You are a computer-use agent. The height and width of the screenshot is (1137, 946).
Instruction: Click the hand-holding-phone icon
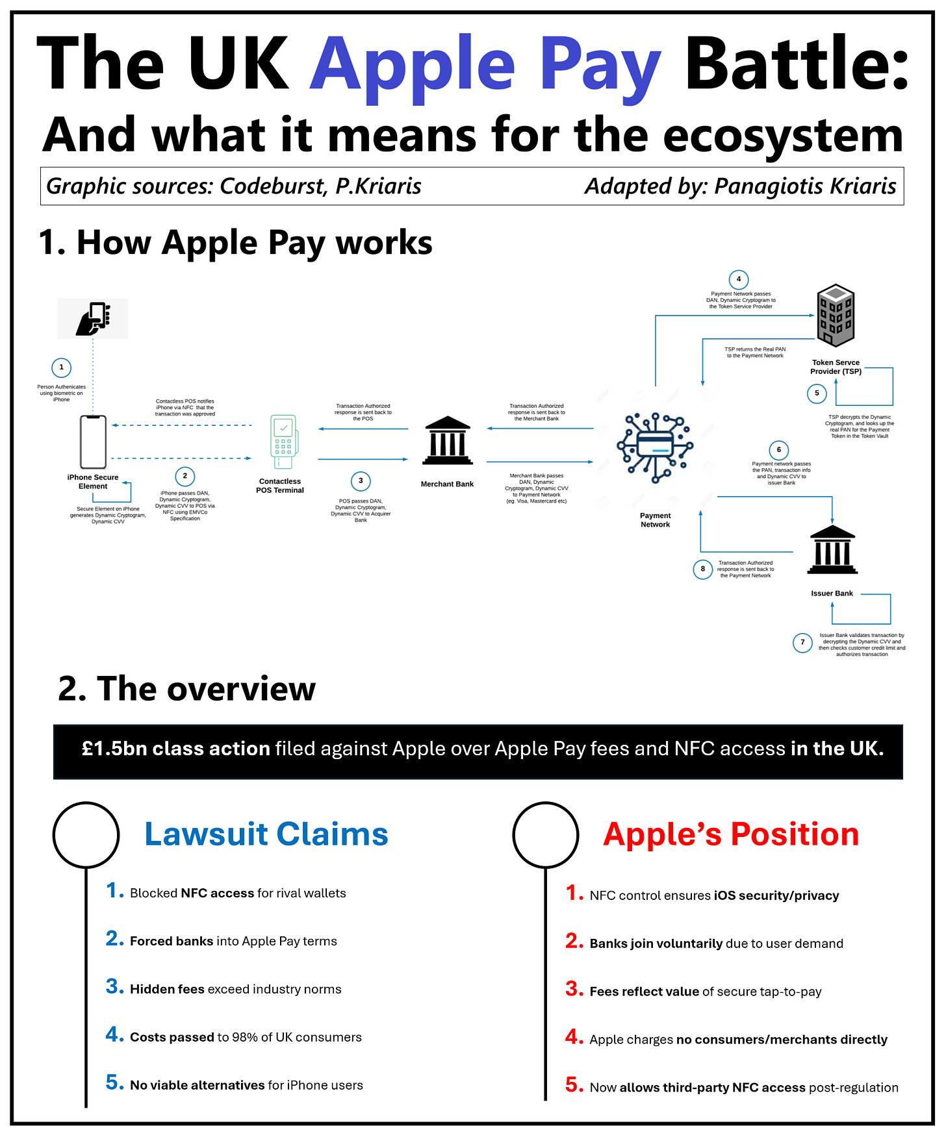click(93, 318)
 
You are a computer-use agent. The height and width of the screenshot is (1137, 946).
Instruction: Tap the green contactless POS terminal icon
click(283, 442)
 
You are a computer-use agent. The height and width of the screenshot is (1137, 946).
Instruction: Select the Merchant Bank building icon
click(448, 441)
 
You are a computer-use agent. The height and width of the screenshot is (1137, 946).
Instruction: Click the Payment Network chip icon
click(655, 447)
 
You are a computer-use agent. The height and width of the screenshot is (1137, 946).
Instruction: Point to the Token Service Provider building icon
click(836, 316)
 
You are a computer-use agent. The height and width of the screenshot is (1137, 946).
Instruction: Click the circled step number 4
click(739, 279)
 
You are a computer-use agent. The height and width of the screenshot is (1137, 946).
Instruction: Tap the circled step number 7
click(802, 642)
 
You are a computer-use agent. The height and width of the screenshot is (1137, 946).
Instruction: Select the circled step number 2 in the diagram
click(185, 476)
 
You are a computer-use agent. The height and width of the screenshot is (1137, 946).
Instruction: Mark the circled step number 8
click(702, 569)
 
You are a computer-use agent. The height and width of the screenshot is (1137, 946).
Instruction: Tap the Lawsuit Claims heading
click(266, 834)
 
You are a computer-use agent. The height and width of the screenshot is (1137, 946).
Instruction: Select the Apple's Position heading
click(731, 834)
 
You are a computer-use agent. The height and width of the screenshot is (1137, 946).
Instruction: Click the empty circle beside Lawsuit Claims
click(86, 834)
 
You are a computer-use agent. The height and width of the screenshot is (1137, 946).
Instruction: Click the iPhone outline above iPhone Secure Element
click(93, 442)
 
